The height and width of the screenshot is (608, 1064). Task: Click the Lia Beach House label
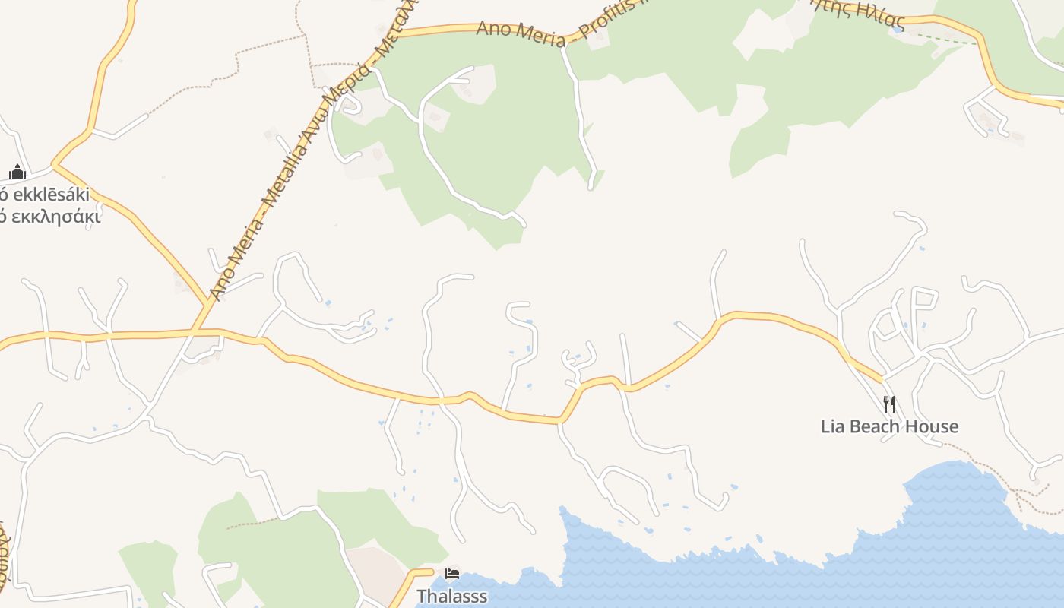pyautogui.click(x=889, y=426)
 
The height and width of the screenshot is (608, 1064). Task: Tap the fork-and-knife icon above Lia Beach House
pyautogui.click(x=889, y=404)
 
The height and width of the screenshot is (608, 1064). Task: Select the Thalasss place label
pyautogui.click(x=452, y=596)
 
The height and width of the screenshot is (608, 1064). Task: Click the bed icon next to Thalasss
pyautogui.click(x=452, y=573)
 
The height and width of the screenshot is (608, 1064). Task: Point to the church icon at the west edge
pyautogui.click(x=17, y=172)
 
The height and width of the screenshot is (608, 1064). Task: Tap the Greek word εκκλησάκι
pyautogui.click(x=53, y=217)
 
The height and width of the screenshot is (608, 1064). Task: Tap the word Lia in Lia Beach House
pyautogui.click(x=832, y=426)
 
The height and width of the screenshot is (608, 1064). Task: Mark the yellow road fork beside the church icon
pyautogui.click(x=55, y=164)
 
